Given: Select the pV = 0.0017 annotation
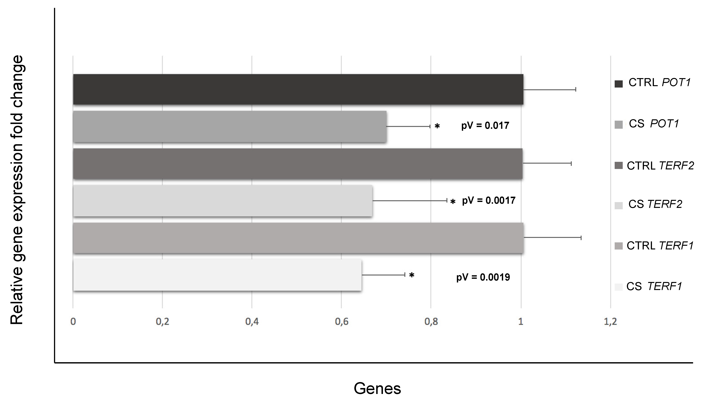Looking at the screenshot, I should click(489, 201).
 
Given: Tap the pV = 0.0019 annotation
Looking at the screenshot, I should click(483, 277).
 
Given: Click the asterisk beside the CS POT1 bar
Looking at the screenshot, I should click(437, 126).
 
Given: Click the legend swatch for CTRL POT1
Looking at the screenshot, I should click(619, 84).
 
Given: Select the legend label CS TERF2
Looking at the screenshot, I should click(655, 204).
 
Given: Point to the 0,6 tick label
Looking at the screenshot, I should click(342, 321).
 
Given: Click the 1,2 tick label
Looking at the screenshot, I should click(610, 321).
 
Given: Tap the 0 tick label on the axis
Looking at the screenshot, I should click(73, 321).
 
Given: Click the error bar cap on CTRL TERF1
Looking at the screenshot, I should click(581, 238).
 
